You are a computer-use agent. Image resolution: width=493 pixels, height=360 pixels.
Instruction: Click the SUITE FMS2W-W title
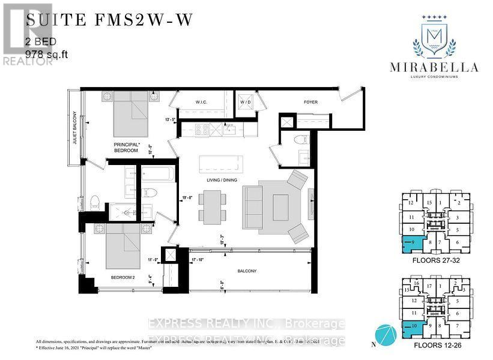(109, 20)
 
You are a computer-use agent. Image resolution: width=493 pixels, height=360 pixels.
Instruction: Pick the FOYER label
(310, 102)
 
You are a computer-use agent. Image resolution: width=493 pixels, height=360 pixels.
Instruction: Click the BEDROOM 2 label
(125, 277)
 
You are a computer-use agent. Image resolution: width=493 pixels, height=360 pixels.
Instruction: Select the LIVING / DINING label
(217, 178)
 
